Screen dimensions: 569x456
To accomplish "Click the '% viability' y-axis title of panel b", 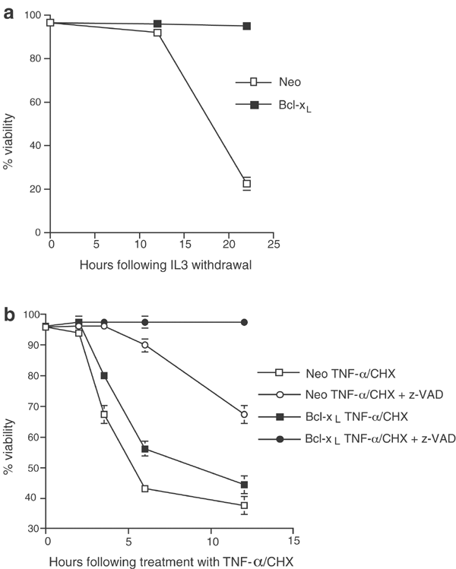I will (x=9, y=421).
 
